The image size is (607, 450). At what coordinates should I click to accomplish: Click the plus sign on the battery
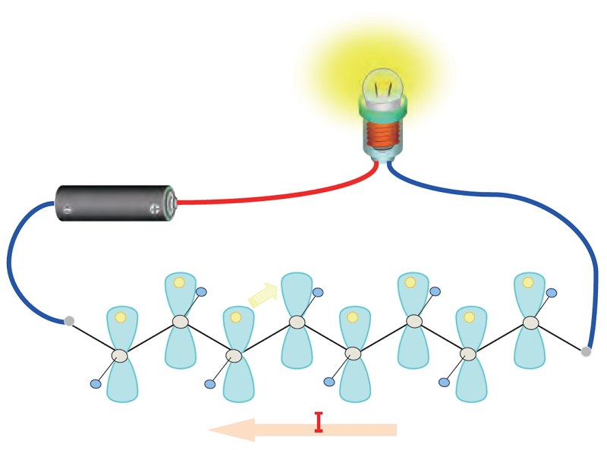pyautogui.click(x=155, y=209)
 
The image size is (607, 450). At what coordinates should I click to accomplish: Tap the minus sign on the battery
pyautogui.click(x=68, y=209)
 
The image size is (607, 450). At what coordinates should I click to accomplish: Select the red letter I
pyautogui.click(x=319, y=422)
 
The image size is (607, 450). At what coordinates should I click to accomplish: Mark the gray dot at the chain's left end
pyautogui.click(x=69, y=321)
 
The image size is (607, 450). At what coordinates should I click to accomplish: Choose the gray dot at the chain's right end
pyautogui.click(x=586, y=351)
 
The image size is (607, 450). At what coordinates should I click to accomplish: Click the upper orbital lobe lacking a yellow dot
pyautogui.click(x=296, y=294)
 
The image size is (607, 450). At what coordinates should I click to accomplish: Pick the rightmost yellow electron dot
pyautogui.click(x=528, y=282)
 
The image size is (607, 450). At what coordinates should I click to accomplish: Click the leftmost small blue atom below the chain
pyautogui.click(x=96, y=384)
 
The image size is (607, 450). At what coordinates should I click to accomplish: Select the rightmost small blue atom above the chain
pyautogui.click(x=552, y=292)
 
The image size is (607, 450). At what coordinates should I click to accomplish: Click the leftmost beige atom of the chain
pyautogui.click(x=119, y=355)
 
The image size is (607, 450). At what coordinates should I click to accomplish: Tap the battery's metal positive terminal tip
pyautogui.click(x=174, y=202)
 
